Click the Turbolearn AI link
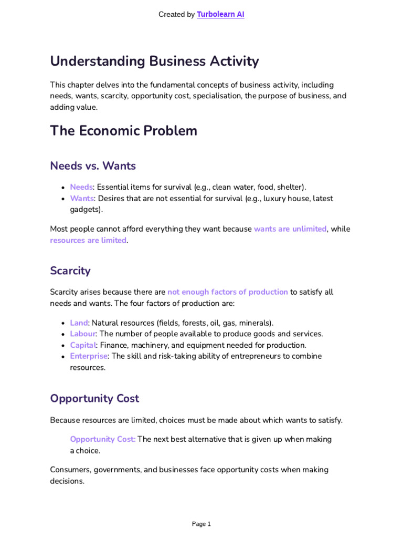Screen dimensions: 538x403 (x=220, y=15)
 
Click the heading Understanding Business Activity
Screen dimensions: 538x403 (x=154, y=61)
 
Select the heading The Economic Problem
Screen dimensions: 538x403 (x=123, y=131)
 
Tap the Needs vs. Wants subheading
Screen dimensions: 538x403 (x=93, y=166)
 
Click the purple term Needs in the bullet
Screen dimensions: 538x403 (x=81, y=187)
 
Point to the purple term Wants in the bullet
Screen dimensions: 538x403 (x=82, y=199)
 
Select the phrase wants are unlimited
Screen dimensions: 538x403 (x=290, y=229)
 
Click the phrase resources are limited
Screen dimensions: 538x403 (x=88, y=240)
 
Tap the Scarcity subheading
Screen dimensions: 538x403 (x=70, y=271)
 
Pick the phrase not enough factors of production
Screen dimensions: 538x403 (x=227, y=292)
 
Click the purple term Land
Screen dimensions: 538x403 (x=79, y=323)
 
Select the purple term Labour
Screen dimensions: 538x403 (x=83, y=334)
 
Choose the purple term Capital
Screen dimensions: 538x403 (x=83, y=345)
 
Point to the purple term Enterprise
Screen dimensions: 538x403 (x=89, y=356)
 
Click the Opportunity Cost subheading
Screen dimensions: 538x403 (x=94, y=398)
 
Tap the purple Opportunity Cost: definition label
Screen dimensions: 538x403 (x=103, y=439)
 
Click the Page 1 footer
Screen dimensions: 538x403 (x=201, y=524)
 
